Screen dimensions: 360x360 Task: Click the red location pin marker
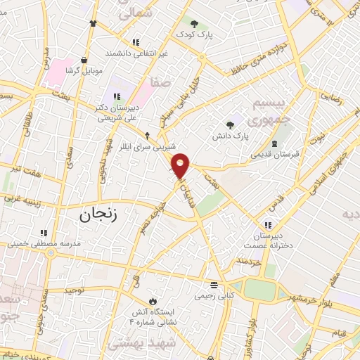181,166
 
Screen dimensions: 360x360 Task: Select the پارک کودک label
194,34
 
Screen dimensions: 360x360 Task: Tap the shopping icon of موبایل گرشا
84,60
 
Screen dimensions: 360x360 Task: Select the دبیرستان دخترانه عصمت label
264,241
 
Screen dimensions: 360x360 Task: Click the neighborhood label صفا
160,82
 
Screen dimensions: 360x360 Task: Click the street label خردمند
249,262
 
